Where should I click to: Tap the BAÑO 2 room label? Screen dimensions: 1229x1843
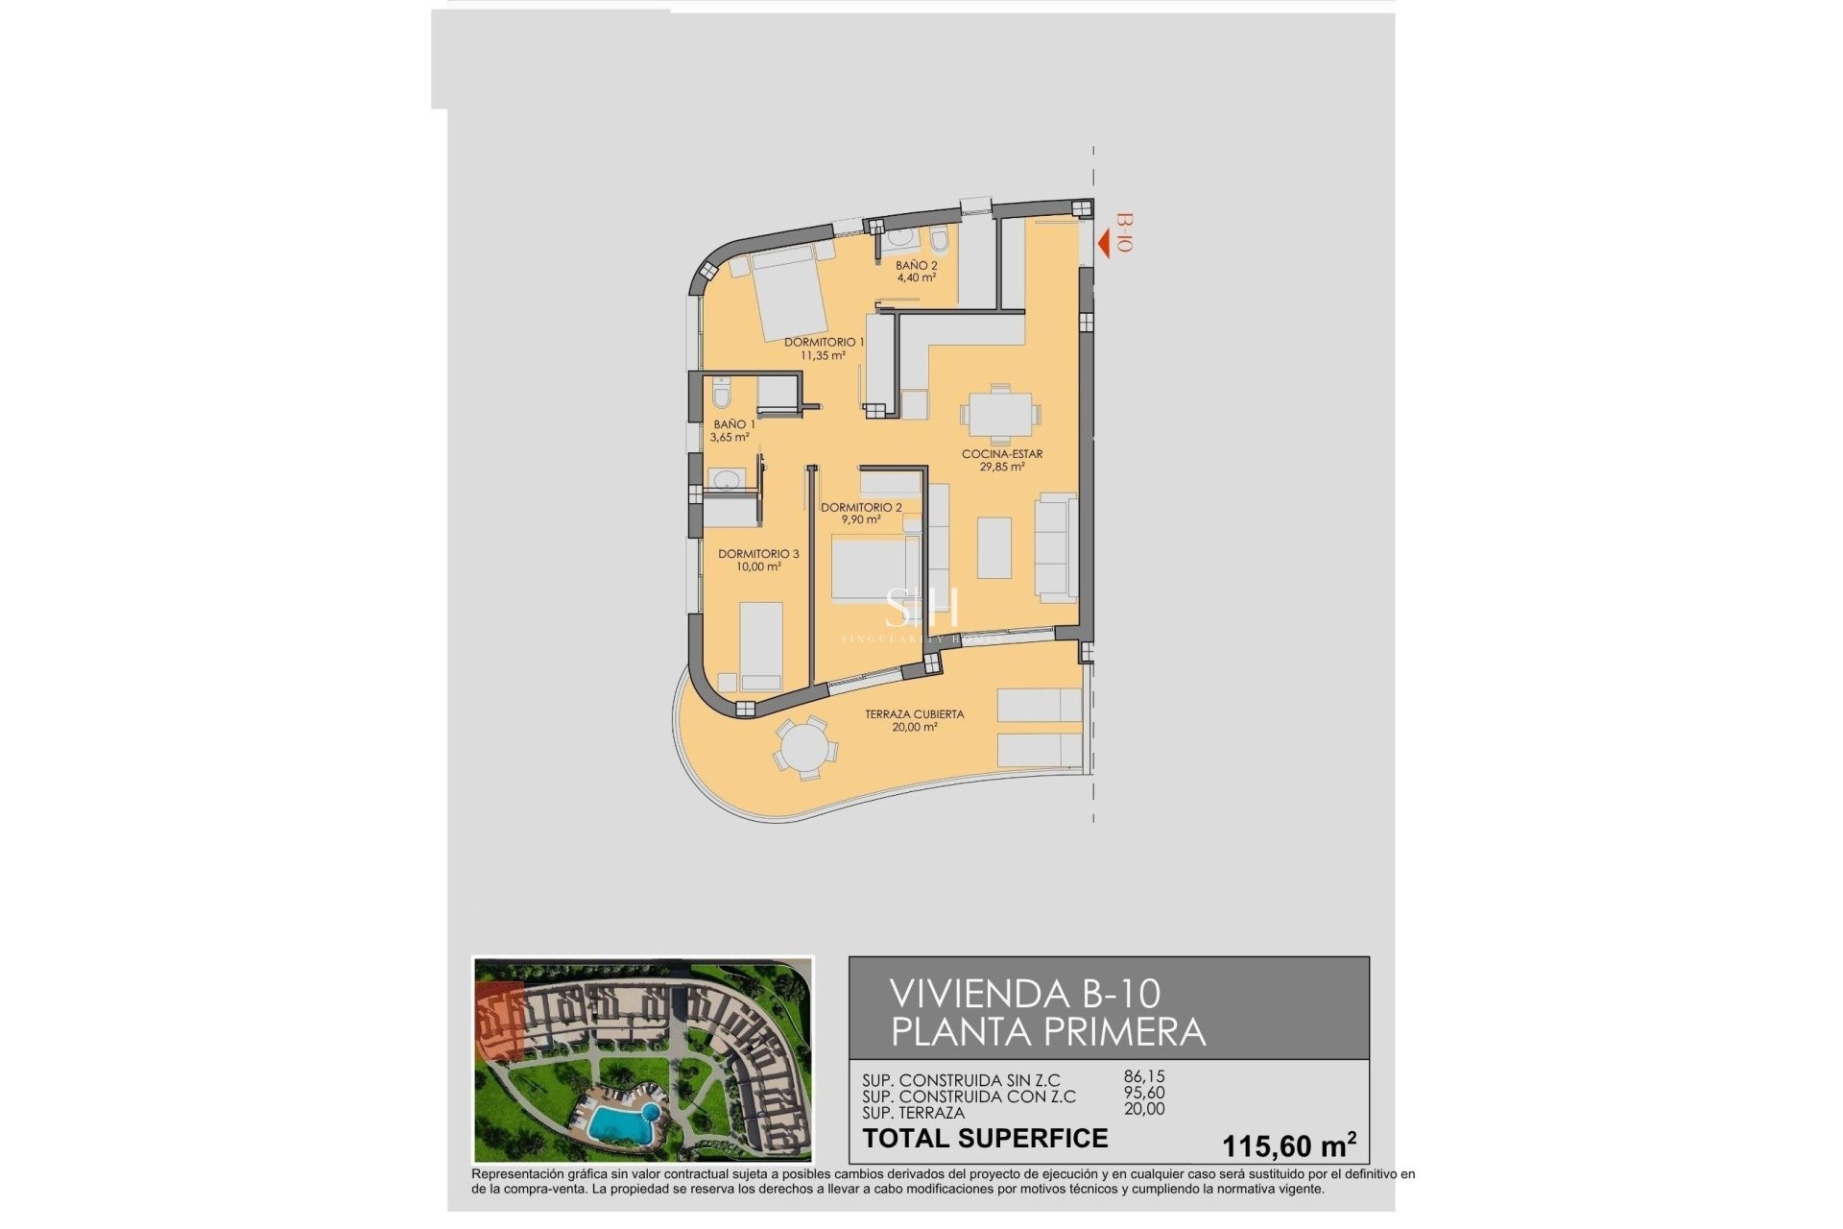(x=916, y=266)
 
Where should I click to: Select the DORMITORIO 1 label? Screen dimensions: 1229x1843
(x=824, y=343)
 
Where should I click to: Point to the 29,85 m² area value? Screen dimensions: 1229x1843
(x=1001, y=468)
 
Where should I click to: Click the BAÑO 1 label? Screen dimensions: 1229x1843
(x=733, y=424)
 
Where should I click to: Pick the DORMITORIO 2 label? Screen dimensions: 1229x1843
(x=861, y=508)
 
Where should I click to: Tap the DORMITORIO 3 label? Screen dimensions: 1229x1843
(x=758, y=554)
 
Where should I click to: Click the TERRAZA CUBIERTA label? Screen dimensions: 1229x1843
(x=914, y=714)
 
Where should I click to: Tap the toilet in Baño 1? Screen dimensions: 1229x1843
(x=722, y=394)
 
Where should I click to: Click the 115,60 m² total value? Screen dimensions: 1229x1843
(x=1287, y=1145)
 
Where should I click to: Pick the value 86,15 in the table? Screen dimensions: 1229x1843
(x=1144, y=1077)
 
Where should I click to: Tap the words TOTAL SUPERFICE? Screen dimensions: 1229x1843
(x=985, y=1139)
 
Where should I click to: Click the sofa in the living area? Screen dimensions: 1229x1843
(x=1057, y=548)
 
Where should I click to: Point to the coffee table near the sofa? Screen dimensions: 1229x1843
(x=994, y=547)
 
